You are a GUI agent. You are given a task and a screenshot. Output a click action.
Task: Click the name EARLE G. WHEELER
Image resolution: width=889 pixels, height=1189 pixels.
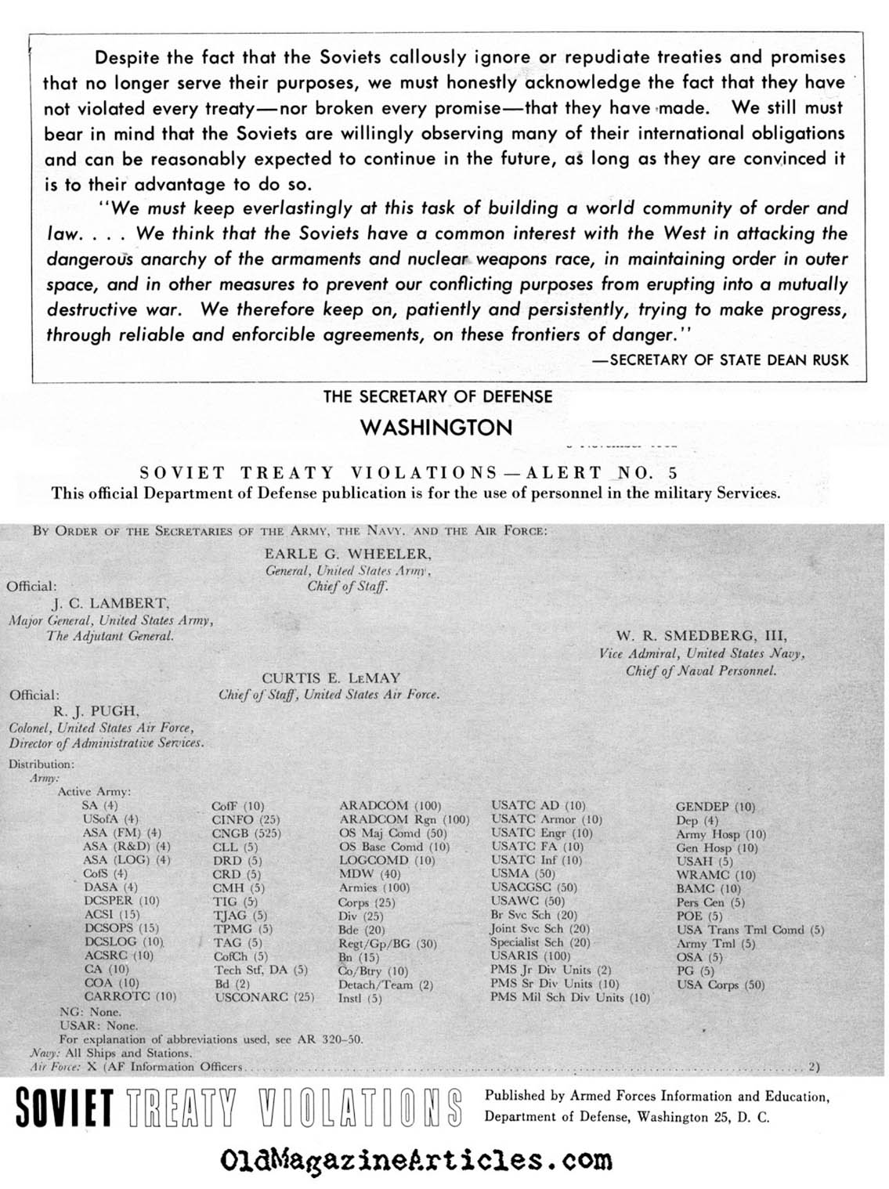[348, 554]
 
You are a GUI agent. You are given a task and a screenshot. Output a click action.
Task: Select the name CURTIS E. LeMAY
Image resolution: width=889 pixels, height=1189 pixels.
[331, 678]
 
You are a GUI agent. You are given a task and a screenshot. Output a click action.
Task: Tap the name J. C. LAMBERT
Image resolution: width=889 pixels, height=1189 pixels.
[110, 603]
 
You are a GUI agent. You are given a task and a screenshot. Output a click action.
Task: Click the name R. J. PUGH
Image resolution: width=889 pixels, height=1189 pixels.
[96, 711]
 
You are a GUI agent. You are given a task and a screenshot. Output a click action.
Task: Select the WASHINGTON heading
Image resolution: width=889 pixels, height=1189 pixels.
[435, 428]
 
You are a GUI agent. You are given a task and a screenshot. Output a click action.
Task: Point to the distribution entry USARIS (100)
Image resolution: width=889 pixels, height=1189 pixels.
[529, 956]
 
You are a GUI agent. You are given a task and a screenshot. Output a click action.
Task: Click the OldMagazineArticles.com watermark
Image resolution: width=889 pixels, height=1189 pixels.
[417, 1158]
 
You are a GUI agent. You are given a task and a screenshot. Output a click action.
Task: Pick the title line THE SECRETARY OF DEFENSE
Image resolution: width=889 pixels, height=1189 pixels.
[438, 397]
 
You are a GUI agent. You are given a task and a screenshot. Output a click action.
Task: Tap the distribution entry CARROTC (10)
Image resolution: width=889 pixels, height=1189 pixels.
[130, 996]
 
